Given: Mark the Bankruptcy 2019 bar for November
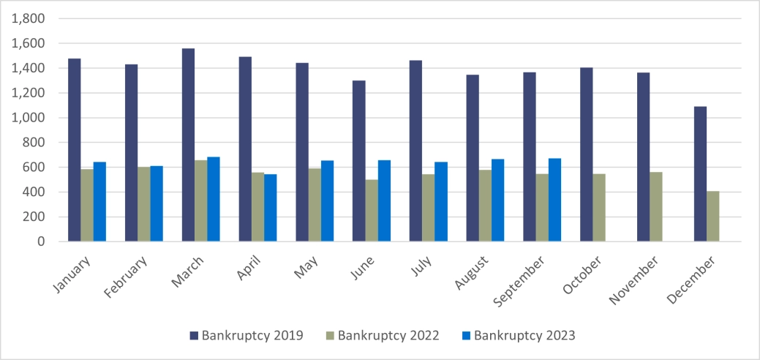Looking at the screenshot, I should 643,157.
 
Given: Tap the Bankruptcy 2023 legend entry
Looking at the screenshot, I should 519,336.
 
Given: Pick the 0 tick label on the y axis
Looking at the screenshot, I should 40,241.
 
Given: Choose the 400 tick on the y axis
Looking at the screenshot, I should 33,192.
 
